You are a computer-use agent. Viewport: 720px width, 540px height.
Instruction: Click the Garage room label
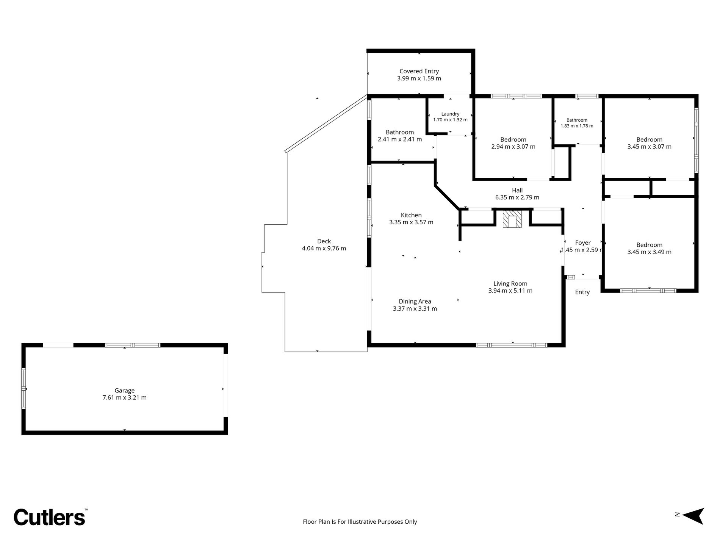tap(125, 390)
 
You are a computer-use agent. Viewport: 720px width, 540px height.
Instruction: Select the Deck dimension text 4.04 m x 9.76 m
tap(324, 249)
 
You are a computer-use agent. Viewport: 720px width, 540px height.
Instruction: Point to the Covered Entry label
tap(419, 71)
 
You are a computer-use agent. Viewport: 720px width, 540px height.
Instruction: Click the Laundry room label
tap(450, 114)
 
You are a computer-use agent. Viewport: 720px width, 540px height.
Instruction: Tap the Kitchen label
tap(411, 215)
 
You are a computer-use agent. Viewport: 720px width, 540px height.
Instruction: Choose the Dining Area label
tap(415, 302)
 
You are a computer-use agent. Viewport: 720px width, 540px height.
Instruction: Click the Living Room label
tap(510, 284)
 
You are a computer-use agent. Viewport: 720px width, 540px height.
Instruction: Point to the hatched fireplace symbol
tap(512, 219)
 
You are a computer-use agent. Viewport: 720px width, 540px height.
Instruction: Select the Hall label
tap(517, 191)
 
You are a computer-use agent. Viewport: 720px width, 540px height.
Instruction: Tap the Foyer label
tap(583, 243)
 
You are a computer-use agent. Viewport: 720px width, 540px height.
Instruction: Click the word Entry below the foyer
tap(582, 292)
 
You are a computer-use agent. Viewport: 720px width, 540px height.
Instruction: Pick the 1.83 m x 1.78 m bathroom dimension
tap(577, 126)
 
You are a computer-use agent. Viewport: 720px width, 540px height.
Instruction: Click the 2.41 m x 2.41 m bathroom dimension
tap(400, 139)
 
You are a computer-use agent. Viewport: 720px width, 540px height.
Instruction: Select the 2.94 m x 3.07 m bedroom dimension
tap(513, 147)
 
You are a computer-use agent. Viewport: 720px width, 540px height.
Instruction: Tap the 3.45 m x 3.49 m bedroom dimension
tap(650, 252)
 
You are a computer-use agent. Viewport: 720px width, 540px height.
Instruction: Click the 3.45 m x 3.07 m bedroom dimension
tap(650, 147)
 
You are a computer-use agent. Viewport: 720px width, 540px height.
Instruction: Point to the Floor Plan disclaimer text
tap(360, 522)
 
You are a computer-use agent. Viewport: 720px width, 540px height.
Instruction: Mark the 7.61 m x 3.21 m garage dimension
tap(125, 398)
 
